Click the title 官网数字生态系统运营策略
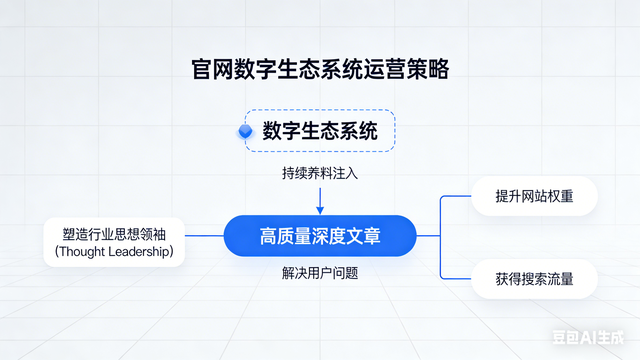(320, 70)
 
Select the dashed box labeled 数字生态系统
(320, 131)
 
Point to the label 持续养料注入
(319, 173)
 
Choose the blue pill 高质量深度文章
(319, 236)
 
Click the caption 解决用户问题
(319, 272)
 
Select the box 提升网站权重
(534, 195)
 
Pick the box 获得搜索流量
(534, 278)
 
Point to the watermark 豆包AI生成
(595, 338)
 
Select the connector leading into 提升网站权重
(455, 196)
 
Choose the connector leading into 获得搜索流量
(455, 278)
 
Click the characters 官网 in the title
(212, 70)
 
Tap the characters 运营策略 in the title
(405, 70)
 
